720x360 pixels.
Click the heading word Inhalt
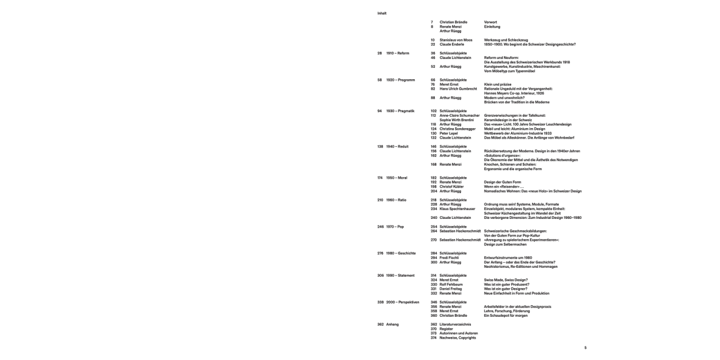pos(382,13)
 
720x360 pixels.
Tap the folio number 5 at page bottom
pos(585,348)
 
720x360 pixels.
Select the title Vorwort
pos(491,22)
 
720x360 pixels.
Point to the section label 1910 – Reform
pos(397,53)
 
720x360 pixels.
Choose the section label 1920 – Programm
pos(400,80)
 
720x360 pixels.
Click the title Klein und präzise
pos(498,84)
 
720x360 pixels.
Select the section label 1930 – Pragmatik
pos(400,111)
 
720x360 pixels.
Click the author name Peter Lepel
pos(449,133)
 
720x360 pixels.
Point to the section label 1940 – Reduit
pos(397,146)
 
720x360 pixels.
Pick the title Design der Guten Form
pos(502,182)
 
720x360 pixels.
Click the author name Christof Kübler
pos(452,187)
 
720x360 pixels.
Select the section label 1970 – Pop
pos(395,227)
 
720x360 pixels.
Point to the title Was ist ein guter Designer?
pos(505,289)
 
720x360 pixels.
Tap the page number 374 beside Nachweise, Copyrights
pos(433,338)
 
